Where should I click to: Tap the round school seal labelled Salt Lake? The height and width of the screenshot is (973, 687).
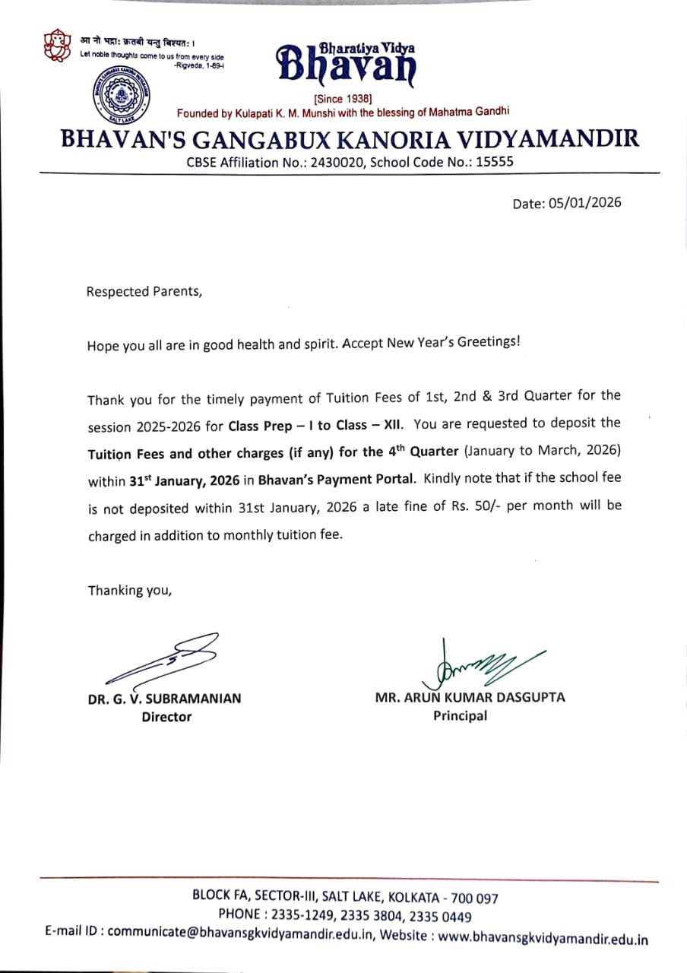120,97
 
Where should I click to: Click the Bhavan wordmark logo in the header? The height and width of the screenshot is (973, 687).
347,62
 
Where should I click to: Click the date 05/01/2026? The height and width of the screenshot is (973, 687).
584,202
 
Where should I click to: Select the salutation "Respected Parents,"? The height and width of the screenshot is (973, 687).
144,291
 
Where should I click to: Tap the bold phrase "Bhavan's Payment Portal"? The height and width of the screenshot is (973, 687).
336,480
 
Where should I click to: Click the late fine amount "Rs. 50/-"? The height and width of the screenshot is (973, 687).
475,506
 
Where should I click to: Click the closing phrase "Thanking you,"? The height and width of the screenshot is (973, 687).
130,590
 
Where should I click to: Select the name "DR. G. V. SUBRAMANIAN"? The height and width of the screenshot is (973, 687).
164,699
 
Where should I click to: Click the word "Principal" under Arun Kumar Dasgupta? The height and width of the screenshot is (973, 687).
460,715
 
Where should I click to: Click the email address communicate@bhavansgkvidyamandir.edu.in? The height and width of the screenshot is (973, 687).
240,934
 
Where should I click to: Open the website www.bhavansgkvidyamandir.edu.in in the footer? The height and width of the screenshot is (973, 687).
543,938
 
